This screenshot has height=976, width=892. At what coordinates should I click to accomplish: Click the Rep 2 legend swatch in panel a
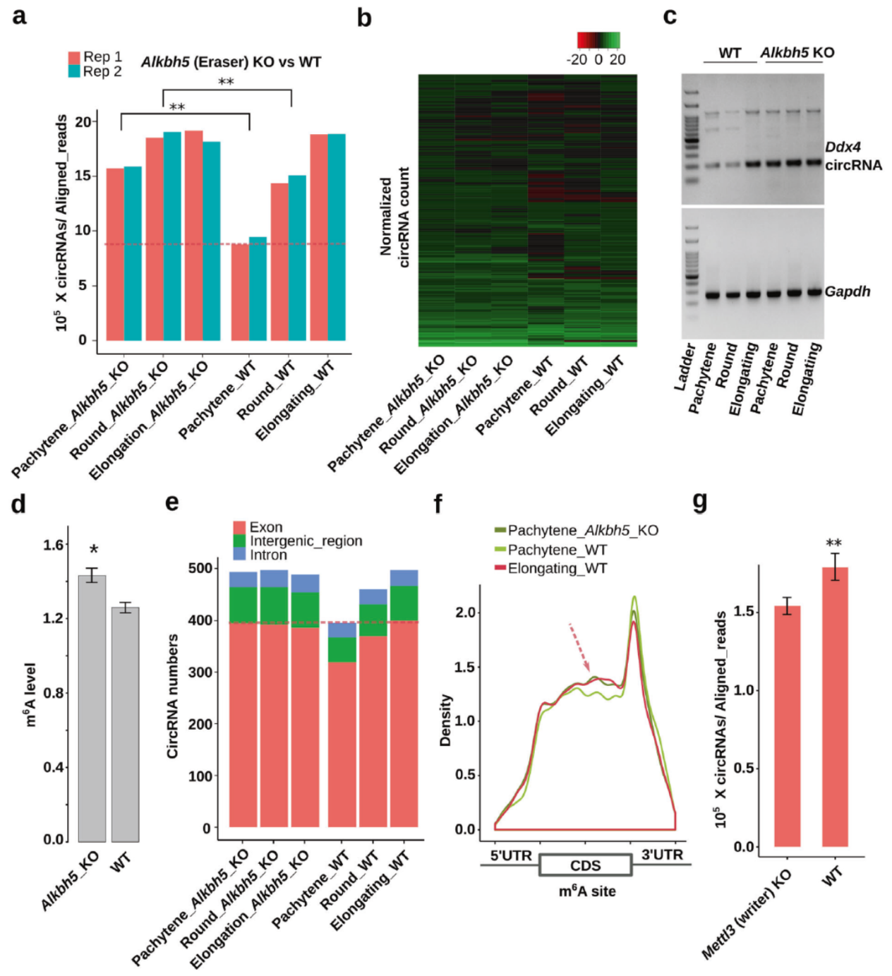pyautogui.click(x=74, y=71)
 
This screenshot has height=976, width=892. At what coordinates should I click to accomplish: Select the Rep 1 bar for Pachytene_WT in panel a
pyautogui.click(x=240, y=292)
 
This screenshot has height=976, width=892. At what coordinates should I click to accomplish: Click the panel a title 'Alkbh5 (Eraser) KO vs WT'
pyautogui.click(x=231, y=62)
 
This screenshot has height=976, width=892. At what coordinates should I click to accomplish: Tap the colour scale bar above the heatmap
pyautogui.click(x=598, y=40)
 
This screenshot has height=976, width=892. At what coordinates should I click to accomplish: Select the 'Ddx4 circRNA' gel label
pyautogui.click(x=852, y=156)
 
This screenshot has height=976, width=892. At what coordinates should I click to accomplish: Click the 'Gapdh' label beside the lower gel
pyautogui.click(x=847, y=291)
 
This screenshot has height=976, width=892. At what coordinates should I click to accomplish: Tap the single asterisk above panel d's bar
pyautogui.click(x=94, y=550)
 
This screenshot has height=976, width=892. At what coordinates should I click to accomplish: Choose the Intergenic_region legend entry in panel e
pyautogui.click(x=305, y=541)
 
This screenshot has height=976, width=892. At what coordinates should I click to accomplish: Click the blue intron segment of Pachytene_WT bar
pyautogui.click(x=342, y=629)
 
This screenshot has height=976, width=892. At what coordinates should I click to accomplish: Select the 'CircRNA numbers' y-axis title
pyautogui.click(x=173, y=696)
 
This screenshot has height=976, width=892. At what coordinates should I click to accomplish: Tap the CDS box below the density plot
pyautogui.click(x=585, y=865)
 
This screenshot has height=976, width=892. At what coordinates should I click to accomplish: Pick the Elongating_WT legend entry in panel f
pyautogui.click(x=556, y=569)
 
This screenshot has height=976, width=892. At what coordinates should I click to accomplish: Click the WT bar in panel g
pyautogui.click(x=835, y=706)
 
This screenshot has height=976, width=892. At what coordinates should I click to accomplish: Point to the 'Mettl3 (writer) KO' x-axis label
pyautogui.click(x=747, y=915)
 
